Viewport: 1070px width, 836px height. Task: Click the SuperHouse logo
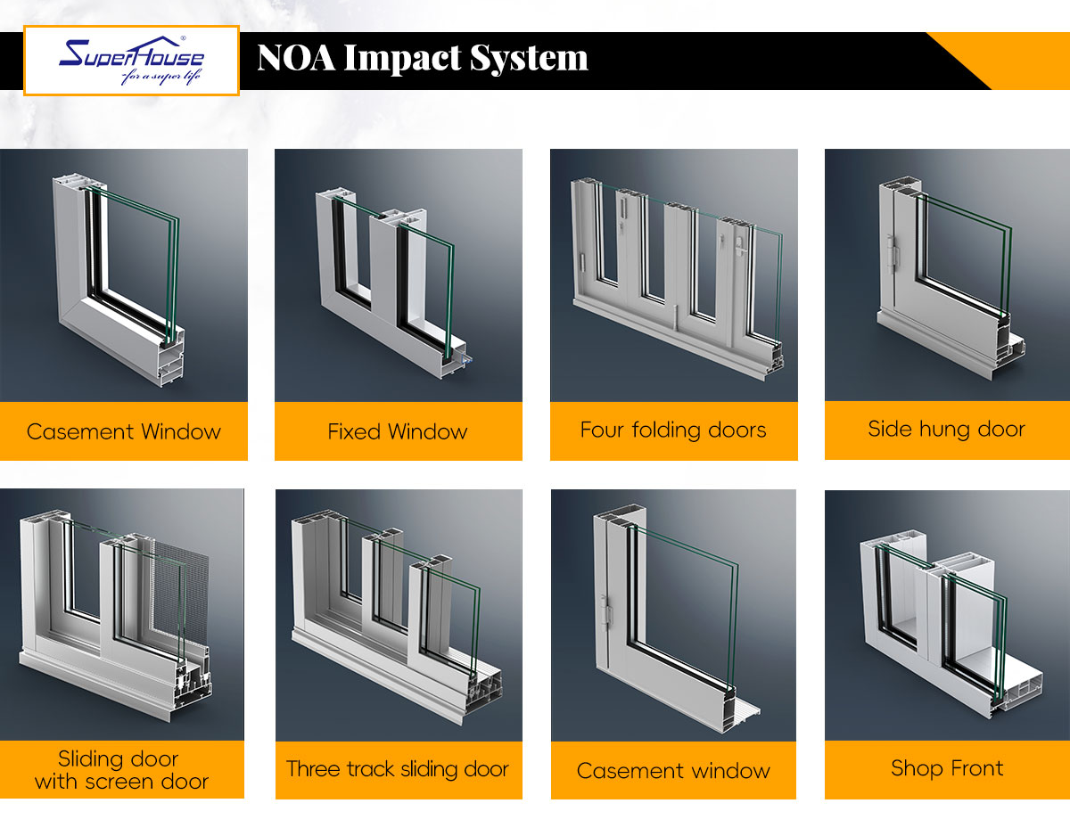click(131, 60)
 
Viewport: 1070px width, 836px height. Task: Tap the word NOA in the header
click(296, 58)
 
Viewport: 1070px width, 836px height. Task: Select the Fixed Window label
click(398, 431)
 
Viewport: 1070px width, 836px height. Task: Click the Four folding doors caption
click(673, 430)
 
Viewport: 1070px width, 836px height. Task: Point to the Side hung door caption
click(946, 429)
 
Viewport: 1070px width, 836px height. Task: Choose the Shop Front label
click(947, 768)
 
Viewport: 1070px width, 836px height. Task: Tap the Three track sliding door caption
click(398, 769)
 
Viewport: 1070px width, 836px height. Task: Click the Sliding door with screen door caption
click(121, 770)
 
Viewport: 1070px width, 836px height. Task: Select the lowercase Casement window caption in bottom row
click(673, 771)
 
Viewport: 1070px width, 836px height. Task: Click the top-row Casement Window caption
click(124, 431)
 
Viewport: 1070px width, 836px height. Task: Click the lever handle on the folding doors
click(740, 247)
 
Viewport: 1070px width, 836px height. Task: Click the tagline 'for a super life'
click(161, 77)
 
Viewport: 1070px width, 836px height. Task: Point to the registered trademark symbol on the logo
click(183, 38)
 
